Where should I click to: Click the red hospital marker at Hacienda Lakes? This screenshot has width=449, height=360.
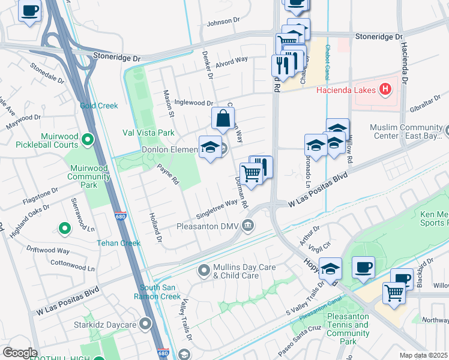click(x=385, y=91)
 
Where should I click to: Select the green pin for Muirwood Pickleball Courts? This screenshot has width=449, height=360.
click(x=88, y=140)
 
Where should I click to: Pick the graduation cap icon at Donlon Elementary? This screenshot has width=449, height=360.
click(x=210, y=148)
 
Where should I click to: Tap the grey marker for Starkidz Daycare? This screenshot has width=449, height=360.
click(x=145, y=325)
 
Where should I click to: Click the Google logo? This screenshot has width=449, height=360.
click(x=20, y=352)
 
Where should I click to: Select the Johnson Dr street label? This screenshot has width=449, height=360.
click(x=223, y=23)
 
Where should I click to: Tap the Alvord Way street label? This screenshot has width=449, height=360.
click(x=232, y=61)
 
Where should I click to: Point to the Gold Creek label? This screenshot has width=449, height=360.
click(x=99, y=106)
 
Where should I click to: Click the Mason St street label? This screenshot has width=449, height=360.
click(x=168, y=103)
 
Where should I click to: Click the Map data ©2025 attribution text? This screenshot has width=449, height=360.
click(x=423, y=355)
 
